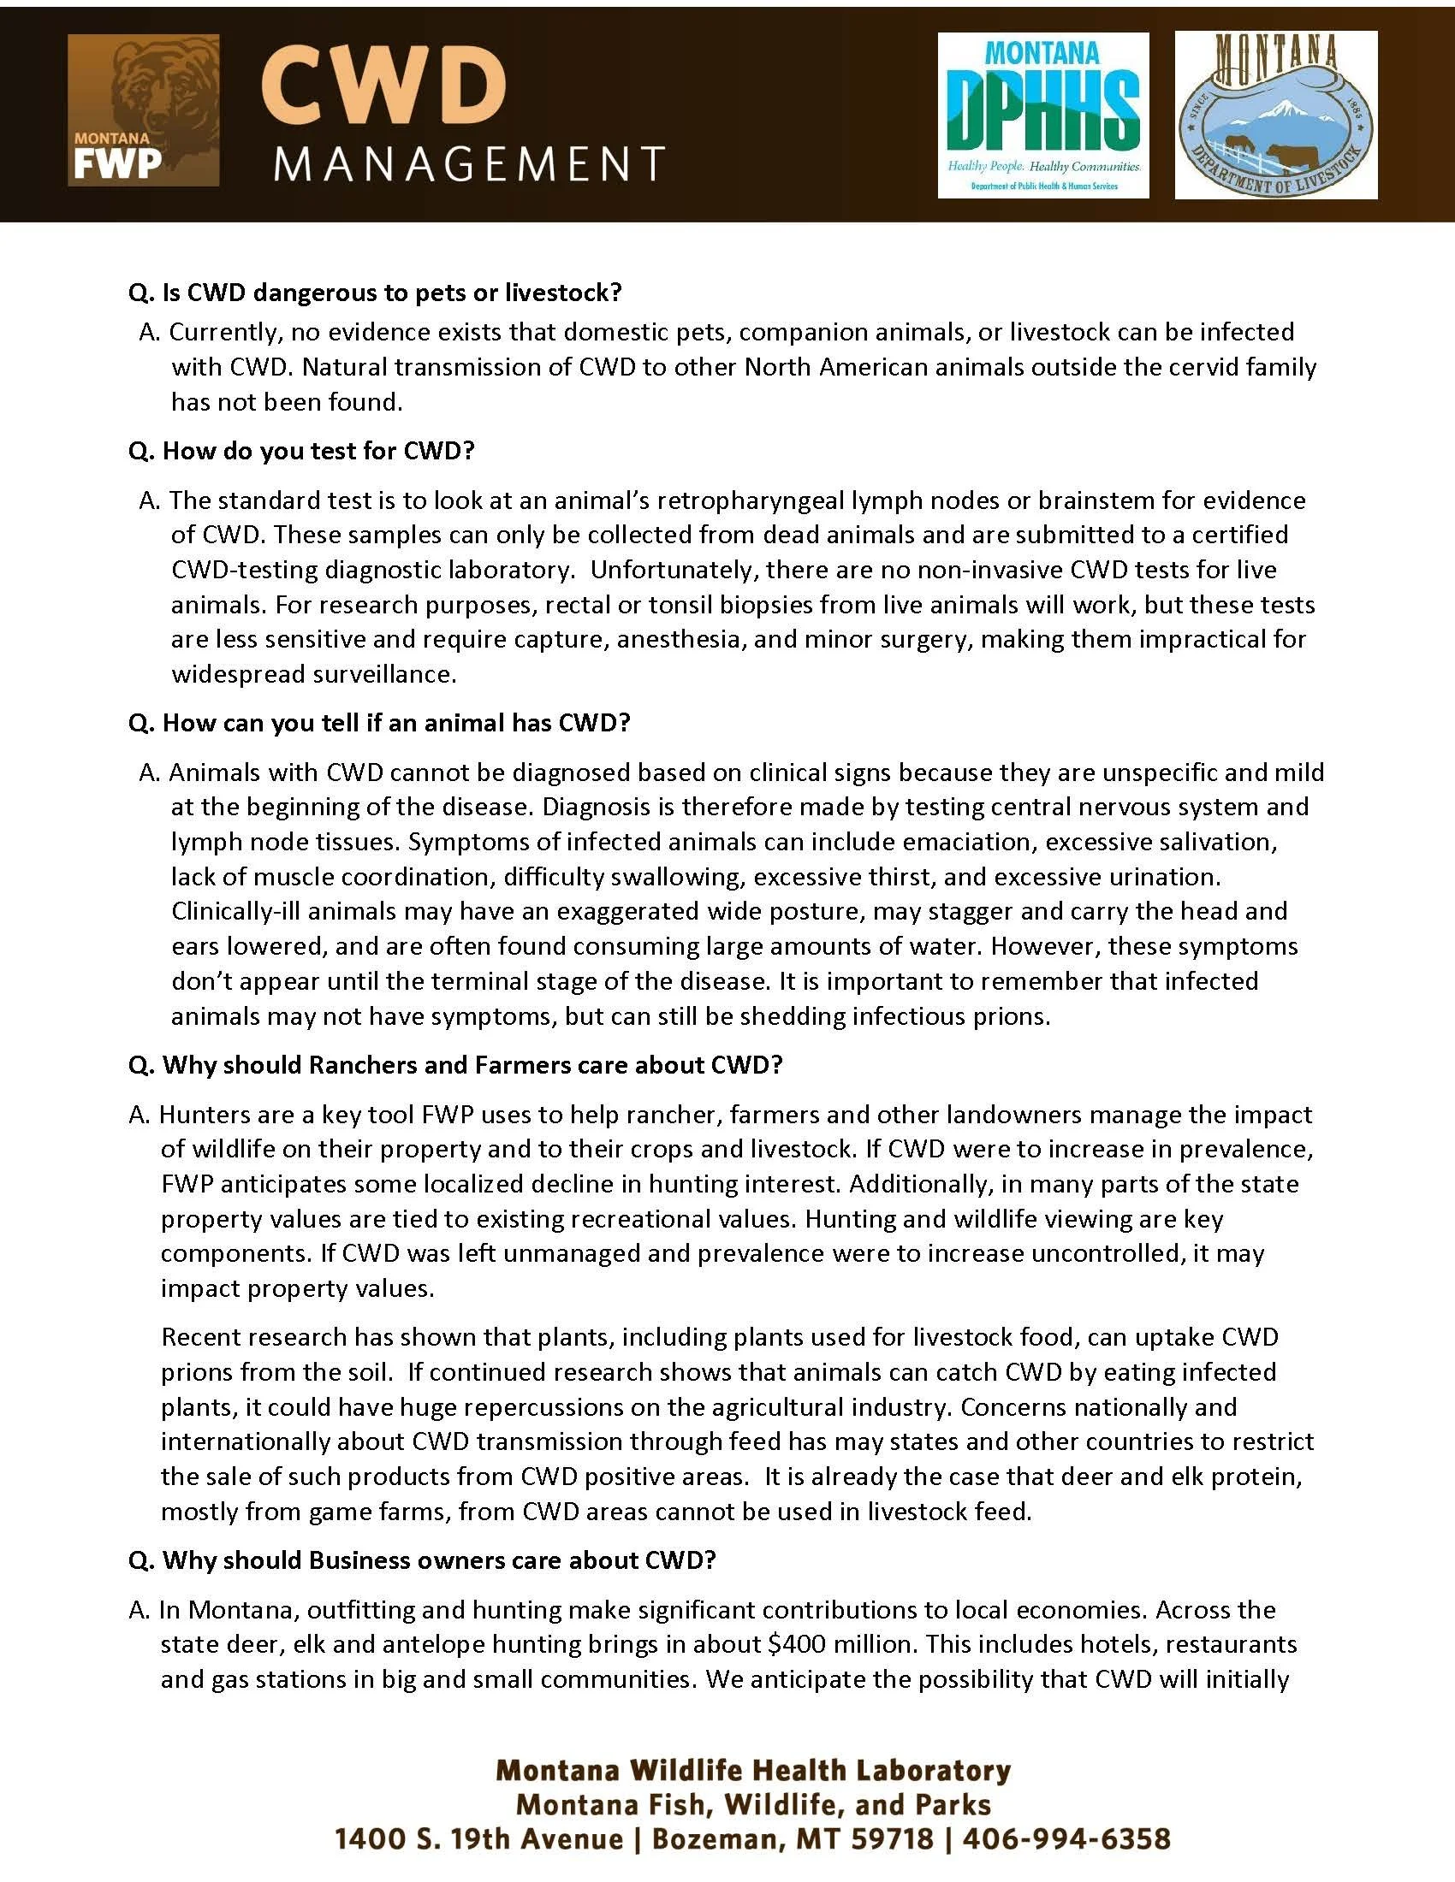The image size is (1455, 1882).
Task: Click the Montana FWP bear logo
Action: pyautogui.click(x=143, y=109)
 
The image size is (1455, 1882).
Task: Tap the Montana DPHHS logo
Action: pyautogui.click(x=1043, y=115)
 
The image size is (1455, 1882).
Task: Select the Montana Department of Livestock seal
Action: pyautogui.click(x=1276, y=115)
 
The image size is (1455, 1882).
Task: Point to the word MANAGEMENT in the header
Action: pyautogui.click(x=470, y=163)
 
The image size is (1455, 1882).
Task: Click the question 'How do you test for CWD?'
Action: pyautogui.click(x=301, y=451)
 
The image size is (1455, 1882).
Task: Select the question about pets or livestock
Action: pyautogui.click(x=375, y=293)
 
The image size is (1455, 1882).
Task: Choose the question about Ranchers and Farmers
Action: pyautogui.click(x=455, y=1065)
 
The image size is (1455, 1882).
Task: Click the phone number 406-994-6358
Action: pyautogui.click(x=1066, y=1839)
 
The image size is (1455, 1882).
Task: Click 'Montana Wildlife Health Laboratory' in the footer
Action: pyautogui.click(x=753, y=1770)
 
